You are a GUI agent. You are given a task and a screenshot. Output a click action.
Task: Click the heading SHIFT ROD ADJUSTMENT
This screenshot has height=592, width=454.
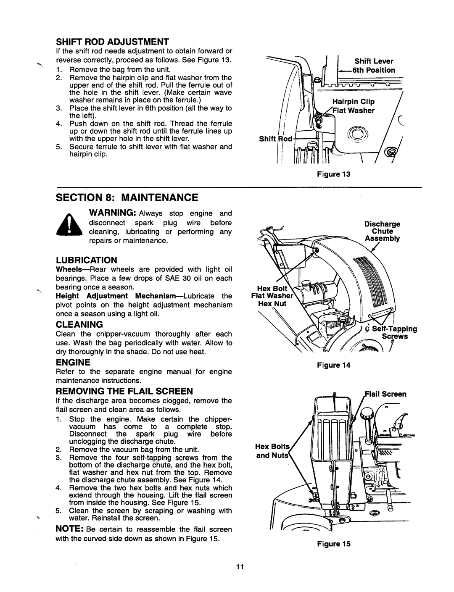(112, 42)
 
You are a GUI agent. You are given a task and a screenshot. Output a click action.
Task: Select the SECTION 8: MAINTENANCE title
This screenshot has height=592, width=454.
(127, 197)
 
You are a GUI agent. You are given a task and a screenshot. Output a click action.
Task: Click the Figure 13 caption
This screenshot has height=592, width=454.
(333, 174)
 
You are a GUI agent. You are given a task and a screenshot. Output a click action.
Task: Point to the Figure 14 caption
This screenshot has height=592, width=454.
(333, 365)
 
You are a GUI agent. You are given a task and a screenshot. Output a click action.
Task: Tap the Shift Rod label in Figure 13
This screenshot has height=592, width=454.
(275, 139)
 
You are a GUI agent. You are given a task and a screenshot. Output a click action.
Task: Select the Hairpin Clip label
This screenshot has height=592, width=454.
(354, 102)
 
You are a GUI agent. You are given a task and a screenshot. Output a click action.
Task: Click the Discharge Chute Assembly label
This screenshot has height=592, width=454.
(383, 232)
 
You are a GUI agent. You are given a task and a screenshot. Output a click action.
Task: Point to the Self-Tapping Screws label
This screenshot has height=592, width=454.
(395, 332)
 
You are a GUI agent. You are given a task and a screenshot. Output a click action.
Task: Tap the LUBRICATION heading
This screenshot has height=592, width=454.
(86, 260)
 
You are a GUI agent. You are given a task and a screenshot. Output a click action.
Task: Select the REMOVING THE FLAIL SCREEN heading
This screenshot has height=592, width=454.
(124, 391)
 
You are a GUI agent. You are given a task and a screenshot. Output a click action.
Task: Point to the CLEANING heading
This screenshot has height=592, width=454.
(79, 324)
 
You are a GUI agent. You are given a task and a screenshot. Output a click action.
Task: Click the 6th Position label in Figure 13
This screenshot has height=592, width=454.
(374, 70)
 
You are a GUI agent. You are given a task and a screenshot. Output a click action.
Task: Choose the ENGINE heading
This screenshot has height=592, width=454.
(73, 362)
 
